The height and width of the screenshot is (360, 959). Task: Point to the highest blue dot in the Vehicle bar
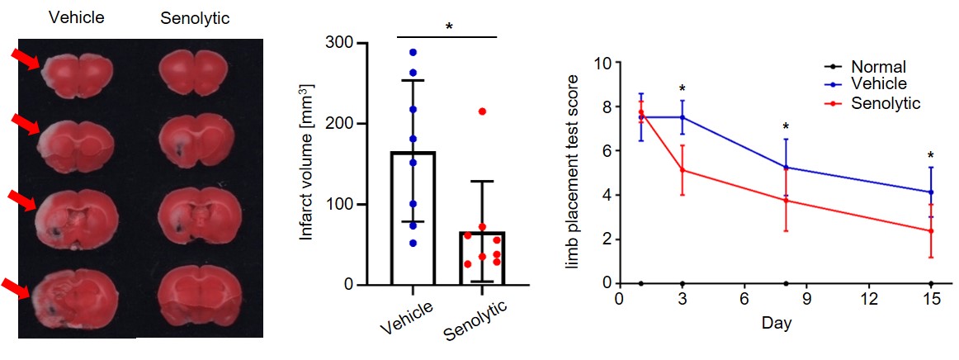[x=413, y=52]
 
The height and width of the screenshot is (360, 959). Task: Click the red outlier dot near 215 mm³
[x=482, y=111]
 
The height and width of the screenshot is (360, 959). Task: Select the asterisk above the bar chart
[x=449, y=27]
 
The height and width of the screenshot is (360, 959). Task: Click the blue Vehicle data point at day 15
[x=931, y=192]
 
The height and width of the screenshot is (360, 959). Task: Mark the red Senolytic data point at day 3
[x=683, y=171]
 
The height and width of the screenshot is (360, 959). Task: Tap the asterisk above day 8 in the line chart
[x=786, y=127]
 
